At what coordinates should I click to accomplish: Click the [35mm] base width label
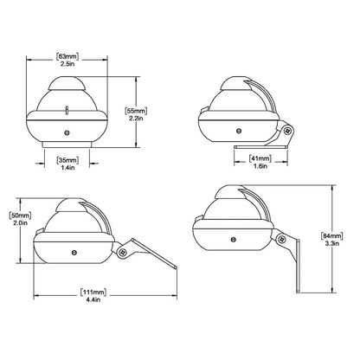(66, 161)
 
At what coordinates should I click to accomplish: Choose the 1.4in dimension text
(66, 170)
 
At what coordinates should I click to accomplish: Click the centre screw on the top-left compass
(66, 132)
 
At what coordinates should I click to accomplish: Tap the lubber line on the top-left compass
(66, 110)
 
